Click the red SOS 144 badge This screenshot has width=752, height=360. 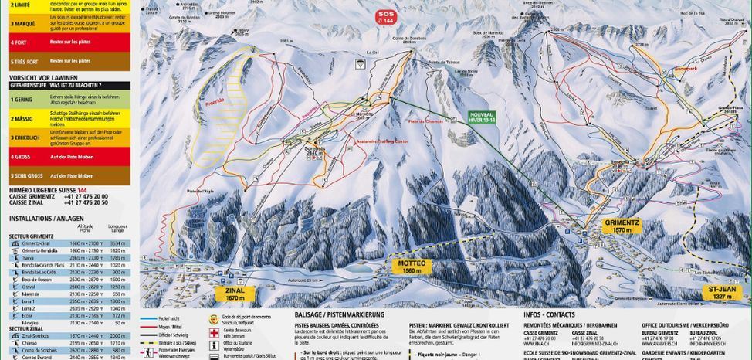pos(385,18)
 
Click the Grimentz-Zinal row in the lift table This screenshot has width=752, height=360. pos(69,243)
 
